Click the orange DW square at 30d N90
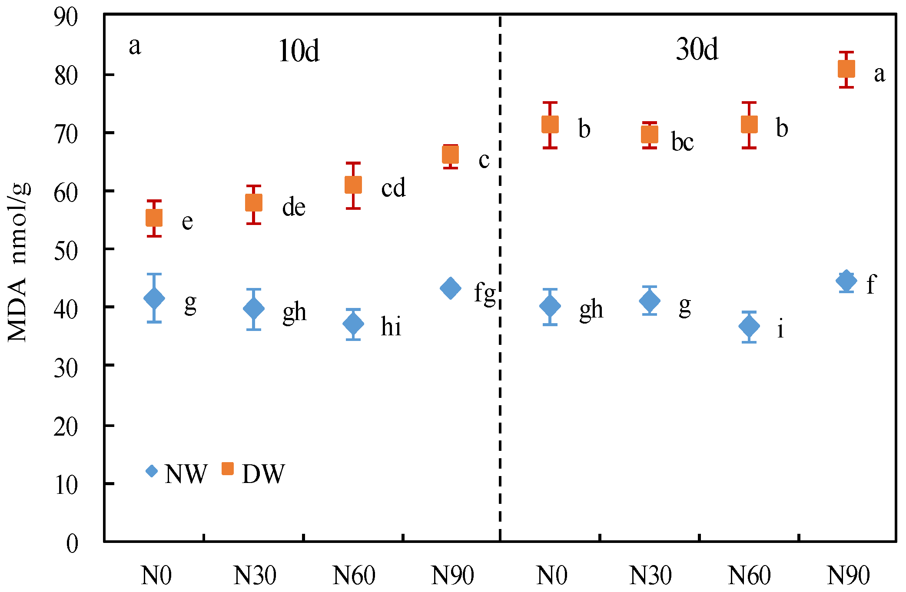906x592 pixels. [x=846, y=69]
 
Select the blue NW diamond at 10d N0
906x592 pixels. [x=154, y=298]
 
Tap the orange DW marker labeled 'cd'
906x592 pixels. [x=353, y=185]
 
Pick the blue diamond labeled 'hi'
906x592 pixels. [x=353, y=324]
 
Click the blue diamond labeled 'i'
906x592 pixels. [x=749, y=326]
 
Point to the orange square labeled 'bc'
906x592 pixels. [x=650, y=135]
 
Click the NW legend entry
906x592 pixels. [x=176, y=473]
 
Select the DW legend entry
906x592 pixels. [x=253, y=473]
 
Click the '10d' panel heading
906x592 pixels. [x=299, y=51]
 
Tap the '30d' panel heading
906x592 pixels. [x=697, y=50]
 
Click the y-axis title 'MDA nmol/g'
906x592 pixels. [x=18, y=263]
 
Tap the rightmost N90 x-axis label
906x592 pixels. [x=848, y=576]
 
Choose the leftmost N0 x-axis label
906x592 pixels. [x=156, y=576]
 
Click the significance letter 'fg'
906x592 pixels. [x=485, y=293]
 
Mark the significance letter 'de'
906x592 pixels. [x=294, y=207]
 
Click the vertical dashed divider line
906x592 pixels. [x=500, y=278]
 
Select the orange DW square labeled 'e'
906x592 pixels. [x=154, y=218]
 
